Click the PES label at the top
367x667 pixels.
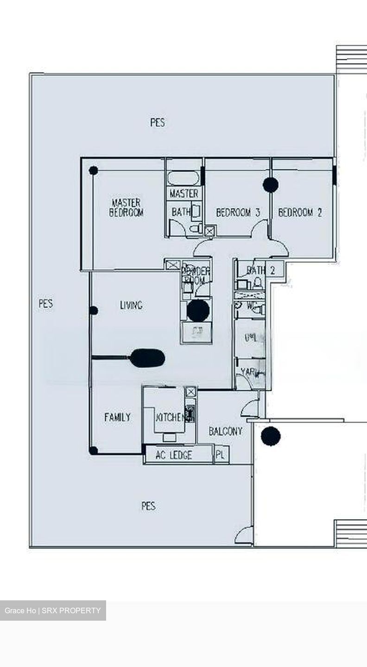click(x=158, y=123)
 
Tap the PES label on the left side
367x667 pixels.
click(x=45, y=304)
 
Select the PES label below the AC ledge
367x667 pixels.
click(x=148, y=506)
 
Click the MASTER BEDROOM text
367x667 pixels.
click(x=126, y=208)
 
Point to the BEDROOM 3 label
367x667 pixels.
click(x=238, y=213)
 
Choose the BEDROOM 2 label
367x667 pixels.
click(x=300, y=213)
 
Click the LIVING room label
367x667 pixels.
click(x=131, y=305)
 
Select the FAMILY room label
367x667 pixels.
click(x=117, y=417)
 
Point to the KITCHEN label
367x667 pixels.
click(x=170, y=417)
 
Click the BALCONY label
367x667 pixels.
click(x=225, y=431)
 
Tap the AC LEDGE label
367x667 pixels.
click(x=174, y=455)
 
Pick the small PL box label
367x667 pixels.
click(x=221, y=455)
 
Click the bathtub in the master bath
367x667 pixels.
click(x=183, y=178)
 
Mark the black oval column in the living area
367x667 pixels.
click(x=147, y=358)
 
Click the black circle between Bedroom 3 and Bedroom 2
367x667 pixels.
click(x=271, y=185)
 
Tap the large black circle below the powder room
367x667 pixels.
click(x=198, y=311)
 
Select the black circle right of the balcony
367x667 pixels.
click(x=271, y=436)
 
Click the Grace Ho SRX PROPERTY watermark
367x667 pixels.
click(x=53, y=610)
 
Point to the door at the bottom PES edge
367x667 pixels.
click(x=245, y=536)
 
